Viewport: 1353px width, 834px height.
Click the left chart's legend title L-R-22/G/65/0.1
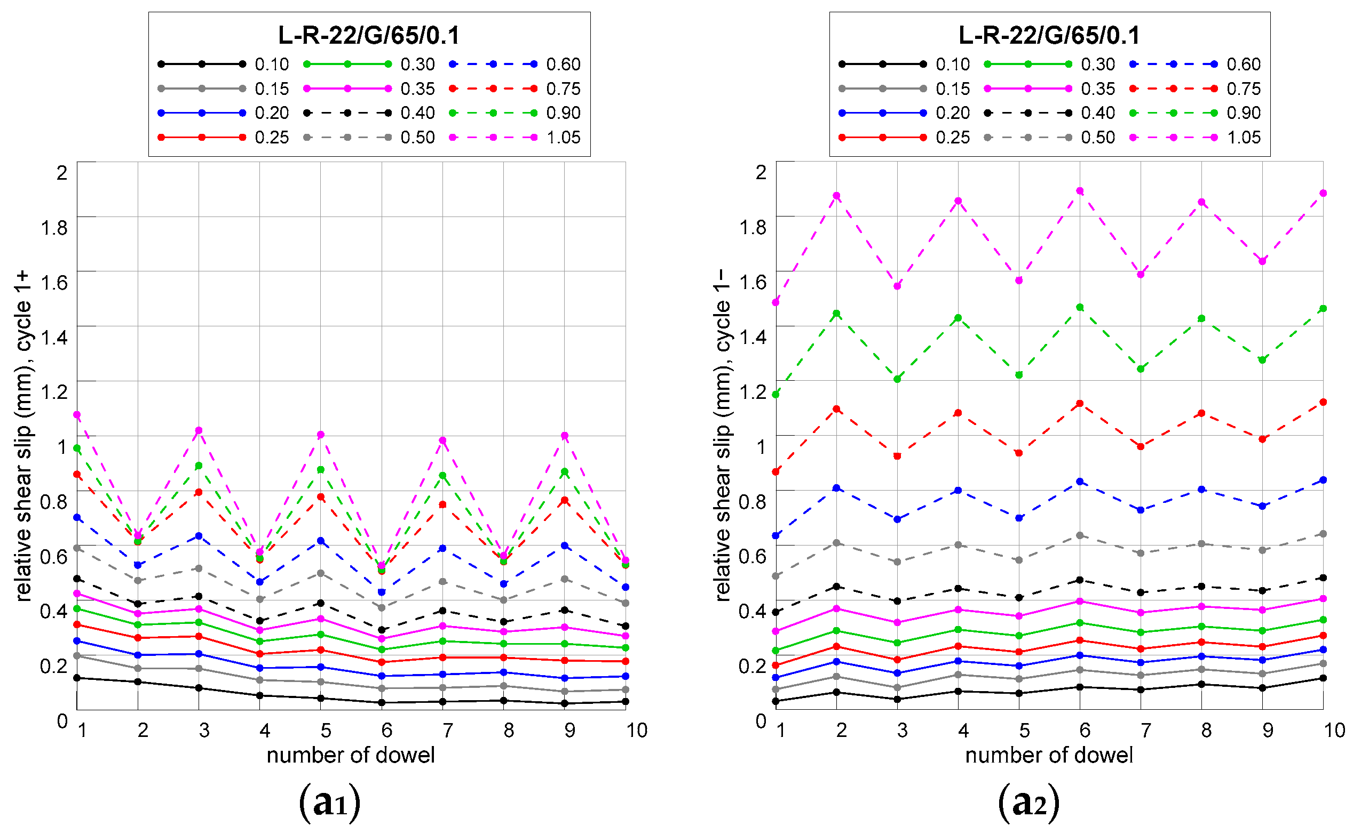(369, 35)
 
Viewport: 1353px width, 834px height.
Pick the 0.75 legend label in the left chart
(563, 89)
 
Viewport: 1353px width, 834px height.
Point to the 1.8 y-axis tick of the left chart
(54, 227)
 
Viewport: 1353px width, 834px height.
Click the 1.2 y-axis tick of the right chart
(753, 391)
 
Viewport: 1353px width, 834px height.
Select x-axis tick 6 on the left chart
(386, 731)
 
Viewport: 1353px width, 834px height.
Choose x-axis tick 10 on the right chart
(1334, 731)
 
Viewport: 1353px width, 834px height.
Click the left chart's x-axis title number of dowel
(351, 755)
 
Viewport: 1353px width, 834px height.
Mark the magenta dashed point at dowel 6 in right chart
(1080, 191)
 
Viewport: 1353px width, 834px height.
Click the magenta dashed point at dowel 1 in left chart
(77, 414)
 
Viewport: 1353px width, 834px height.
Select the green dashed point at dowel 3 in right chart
(898, 379)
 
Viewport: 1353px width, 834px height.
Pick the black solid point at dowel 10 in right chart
(1323, 678)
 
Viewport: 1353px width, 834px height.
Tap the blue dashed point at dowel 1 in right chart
(776, 535)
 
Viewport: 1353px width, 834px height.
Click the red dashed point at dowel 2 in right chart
(837, 408)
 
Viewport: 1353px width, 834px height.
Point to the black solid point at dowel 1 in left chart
(77, 678)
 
